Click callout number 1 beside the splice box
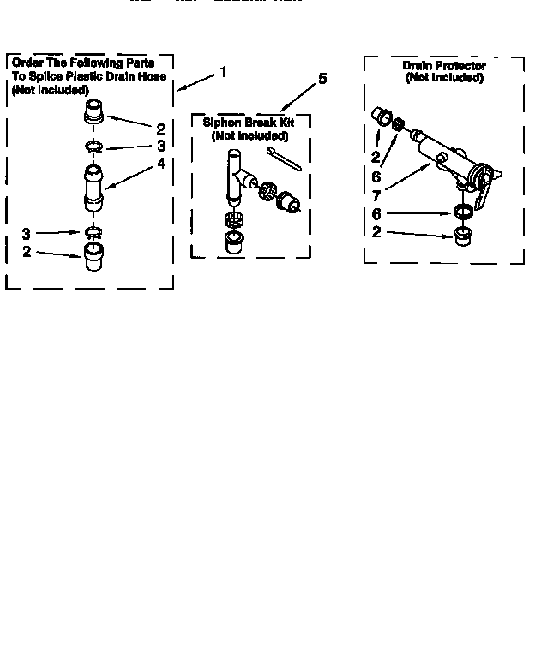coord(223,72)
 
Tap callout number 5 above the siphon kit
coord(322,78)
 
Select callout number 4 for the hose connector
coord(160,164)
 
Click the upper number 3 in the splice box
coord(160,146)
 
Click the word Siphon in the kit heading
coord(219,123)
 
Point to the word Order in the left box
coord(28,63)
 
